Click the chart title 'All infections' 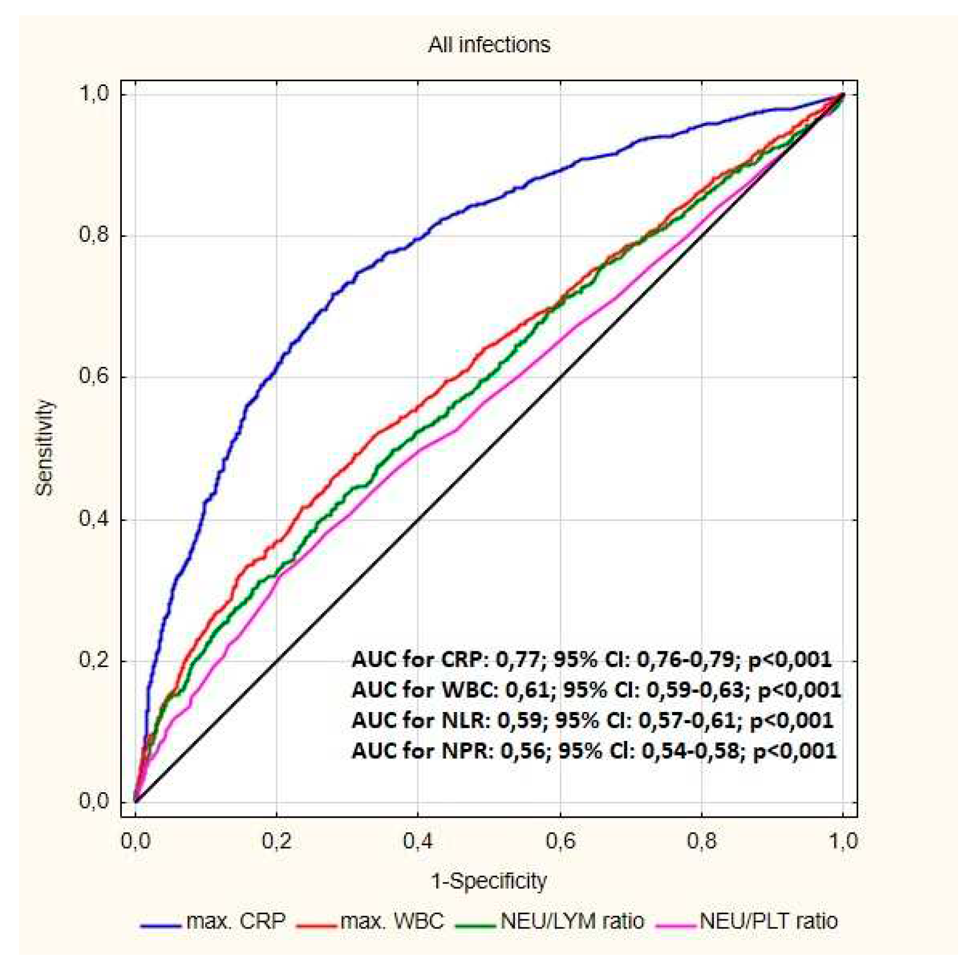489,45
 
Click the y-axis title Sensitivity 44,448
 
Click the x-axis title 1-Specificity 489,881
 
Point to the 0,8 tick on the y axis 93,235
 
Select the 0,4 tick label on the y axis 93,519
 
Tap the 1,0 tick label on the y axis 93,94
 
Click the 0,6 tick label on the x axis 560,841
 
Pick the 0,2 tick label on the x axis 276,841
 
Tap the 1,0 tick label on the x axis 843,841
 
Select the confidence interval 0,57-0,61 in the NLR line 686,720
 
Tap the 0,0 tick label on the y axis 93,801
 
